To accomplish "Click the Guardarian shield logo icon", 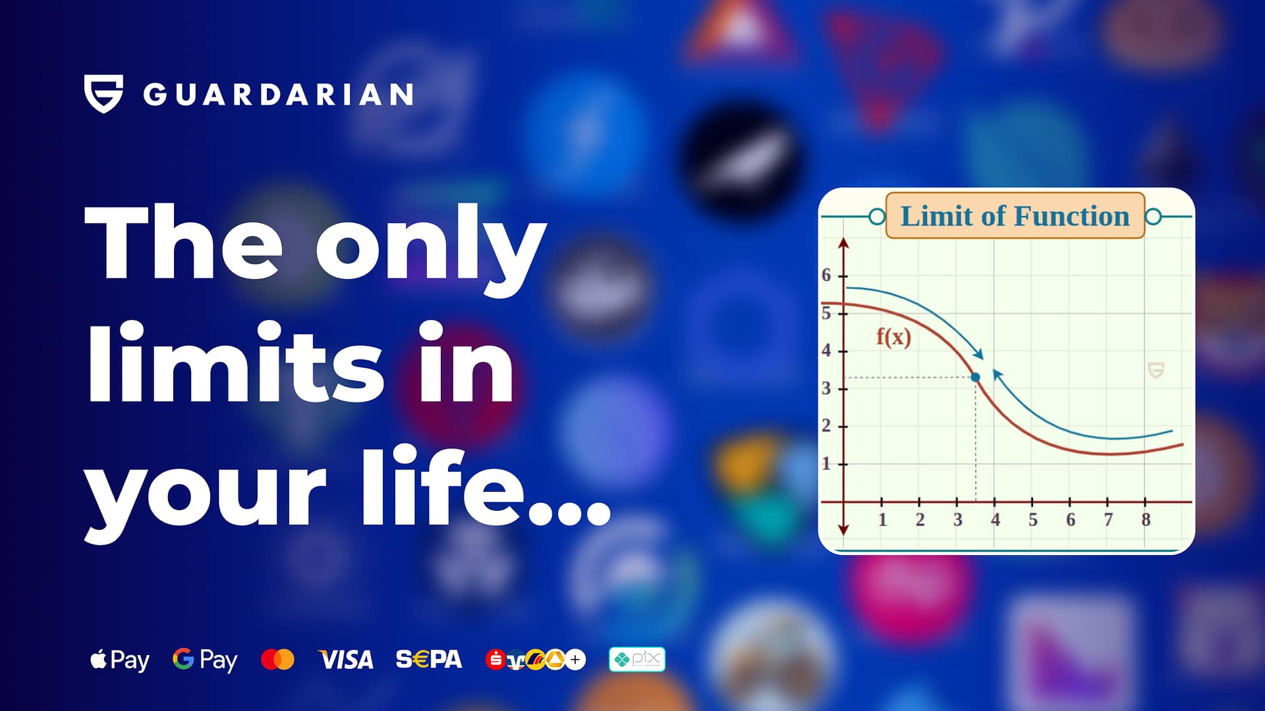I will [103, 93].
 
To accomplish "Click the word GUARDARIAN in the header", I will [278, 95].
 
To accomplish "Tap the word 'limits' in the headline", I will [236, 363].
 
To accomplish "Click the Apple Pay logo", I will [120, 660].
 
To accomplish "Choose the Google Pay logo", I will [205, 660].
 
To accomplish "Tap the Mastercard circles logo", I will [277, 659].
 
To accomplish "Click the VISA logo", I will [346, 660].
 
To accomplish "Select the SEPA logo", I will [429, 659].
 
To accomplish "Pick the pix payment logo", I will [637, 659].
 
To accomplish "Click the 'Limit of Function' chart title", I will [1015, 216].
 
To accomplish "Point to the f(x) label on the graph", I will [893, 337].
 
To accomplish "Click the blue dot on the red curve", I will [976, 377].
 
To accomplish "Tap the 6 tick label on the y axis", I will [826, 275].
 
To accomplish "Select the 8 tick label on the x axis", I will [1146, 520].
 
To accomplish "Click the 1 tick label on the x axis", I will [882, 520].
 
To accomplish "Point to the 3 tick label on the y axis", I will [826, 388].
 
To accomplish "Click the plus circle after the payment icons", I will [575, 659].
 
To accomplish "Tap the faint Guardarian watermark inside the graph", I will [1156, 370].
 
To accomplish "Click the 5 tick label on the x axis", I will [1033, 520].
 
